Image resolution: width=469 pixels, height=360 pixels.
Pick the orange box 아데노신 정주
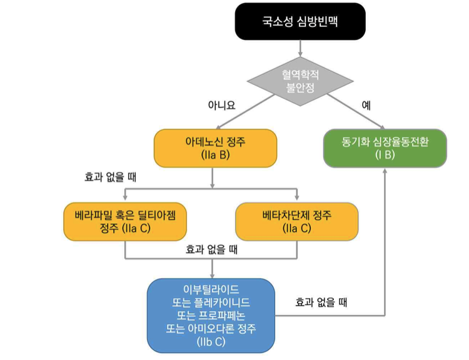(x=214, y=148)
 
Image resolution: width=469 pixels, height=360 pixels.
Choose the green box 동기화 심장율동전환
(x=385, y=148)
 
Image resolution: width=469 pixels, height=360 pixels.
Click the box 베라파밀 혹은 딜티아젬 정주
(x=125, y=222)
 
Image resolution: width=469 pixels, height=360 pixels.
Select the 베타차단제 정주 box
(x=296, y=222)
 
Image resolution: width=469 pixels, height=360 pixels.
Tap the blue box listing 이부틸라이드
(x=211, y=315)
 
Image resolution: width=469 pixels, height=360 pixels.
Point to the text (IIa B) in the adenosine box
(x=214, y=155)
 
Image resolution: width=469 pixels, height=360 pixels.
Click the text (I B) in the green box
(x=385, y=155)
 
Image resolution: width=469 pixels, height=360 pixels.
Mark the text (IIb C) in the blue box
(x=211, y=342)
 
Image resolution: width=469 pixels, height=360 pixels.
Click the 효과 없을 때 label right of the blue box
(x=321, y=302)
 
